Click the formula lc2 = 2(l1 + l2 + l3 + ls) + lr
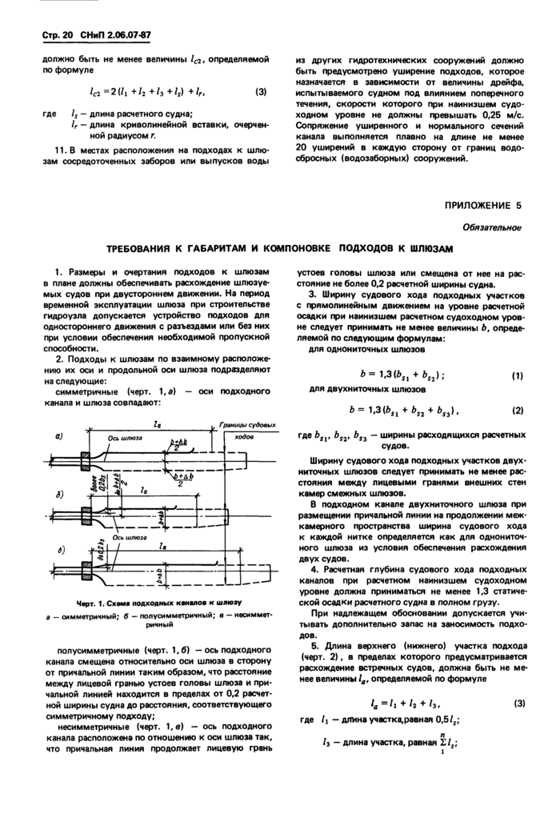148,91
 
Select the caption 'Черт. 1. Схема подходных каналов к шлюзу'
149,600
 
